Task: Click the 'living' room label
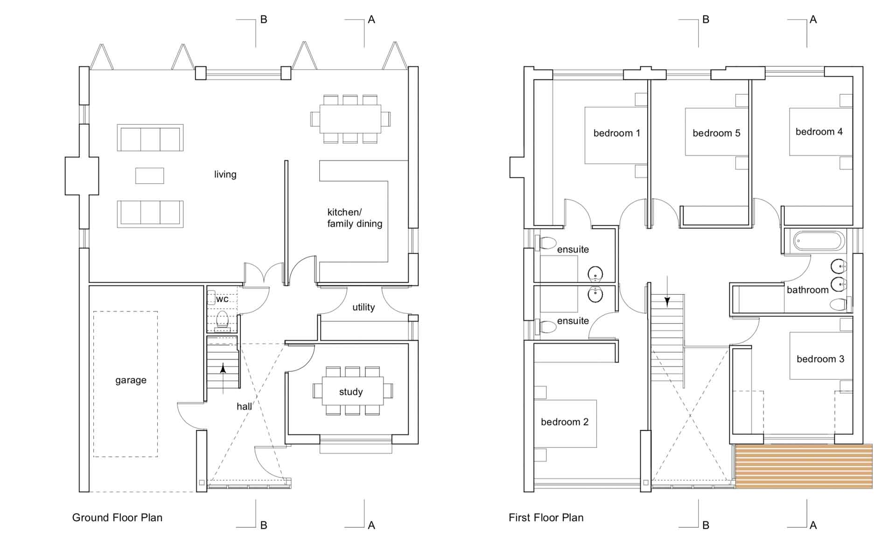(225, 175)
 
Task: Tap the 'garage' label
(131, 380)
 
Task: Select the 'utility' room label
(364, 307)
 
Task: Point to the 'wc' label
(222, 299)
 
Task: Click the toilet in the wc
(222, 321)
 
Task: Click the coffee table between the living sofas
(149, 176)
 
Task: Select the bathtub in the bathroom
(819, 241)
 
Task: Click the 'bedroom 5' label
(716, 134)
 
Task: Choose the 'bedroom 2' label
(565, 422)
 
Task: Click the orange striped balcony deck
(804, 466)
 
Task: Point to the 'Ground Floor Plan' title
(117, 518)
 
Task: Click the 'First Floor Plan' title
(546, 518)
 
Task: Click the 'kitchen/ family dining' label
(355, 218)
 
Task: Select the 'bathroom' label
(807, 290)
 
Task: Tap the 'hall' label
(244, 407)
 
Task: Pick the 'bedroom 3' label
(820, 359)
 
